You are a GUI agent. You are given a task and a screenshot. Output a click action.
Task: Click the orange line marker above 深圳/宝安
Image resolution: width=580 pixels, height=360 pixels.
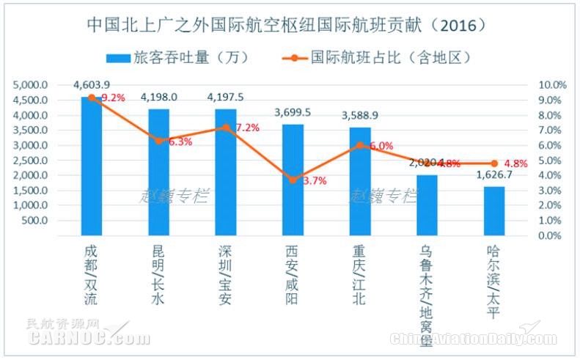click(226, 127)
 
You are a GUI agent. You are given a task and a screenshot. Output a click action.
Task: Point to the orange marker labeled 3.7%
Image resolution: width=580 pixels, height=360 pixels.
click(293, 180)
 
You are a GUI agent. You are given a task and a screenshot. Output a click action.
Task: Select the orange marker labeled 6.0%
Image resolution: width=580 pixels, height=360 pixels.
click(360, 145)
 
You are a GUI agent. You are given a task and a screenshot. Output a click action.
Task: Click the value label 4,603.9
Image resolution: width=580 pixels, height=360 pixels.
click(92, 86)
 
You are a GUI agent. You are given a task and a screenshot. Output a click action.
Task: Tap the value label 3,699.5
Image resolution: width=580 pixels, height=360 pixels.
click(293, 112)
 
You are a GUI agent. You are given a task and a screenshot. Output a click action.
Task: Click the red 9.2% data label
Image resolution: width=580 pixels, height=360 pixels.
click(114, 97)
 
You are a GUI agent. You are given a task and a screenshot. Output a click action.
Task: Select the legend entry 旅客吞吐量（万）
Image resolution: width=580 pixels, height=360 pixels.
click(175, 56)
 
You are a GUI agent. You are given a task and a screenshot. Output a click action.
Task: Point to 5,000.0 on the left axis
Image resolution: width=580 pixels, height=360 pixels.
click(31, 85)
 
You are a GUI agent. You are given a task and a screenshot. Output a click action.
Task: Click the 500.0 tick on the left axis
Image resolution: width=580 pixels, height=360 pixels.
click(36, 220)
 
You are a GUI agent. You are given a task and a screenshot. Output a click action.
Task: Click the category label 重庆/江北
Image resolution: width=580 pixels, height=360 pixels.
click(360, 273)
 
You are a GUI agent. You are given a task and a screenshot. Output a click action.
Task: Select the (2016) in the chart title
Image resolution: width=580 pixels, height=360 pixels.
click(458, 25)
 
